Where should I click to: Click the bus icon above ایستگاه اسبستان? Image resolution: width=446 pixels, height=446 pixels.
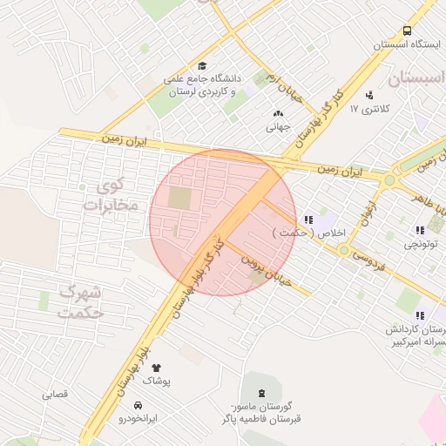coord(407,30)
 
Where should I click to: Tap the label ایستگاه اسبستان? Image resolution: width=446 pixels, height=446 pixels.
coord(407,44)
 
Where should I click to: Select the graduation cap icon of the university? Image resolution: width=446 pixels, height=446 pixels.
coord(202,66)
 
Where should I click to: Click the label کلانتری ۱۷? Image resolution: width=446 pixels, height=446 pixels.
coord(366,110)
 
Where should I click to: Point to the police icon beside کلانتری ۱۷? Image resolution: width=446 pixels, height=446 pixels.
coord(369,95)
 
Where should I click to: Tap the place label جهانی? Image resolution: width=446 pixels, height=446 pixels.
coord(278,127)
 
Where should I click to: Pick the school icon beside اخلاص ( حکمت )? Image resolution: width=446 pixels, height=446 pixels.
coord(308,220)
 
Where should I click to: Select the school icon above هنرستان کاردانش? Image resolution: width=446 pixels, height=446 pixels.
coord(419,315)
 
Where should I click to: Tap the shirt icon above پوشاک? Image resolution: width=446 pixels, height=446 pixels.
coord(156,368)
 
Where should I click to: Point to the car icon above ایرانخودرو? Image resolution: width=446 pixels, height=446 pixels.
coord(139,406)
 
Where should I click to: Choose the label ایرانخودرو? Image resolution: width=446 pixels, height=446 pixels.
coord(139,419)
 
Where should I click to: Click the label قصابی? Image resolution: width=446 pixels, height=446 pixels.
coord(54,395)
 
